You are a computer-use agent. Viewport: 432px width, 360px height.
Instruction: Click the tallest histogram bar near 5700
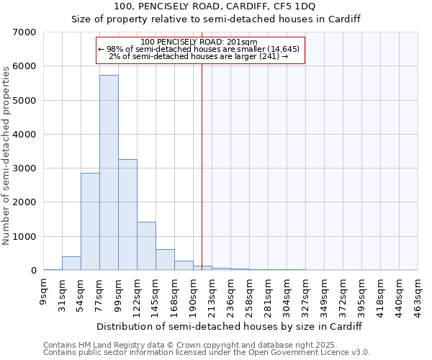pos(109,173)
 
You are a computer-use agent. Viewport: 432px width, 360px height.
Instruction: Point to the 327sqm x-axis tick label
pos(307,292)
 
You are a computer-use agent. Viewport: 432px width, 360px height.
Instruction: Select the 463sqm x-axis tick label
pos(419,292)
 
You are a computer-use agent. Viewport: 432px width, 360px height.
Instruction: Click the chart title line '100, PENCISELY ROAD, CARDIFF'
pos(215,6)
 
